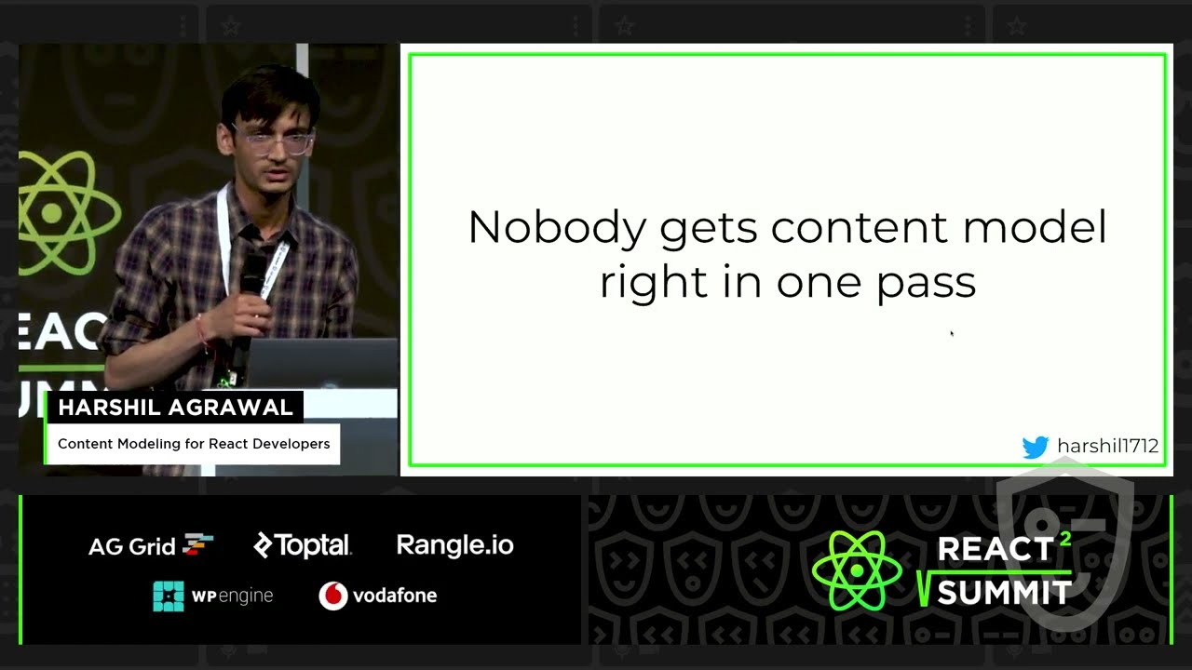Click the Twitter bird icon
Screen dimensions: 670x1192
tap(1035, 447)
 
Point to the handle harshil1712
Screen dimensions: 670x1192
tap(1108, 447)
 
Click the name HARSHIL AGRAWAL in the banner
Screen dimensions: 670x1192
tap(175, 408)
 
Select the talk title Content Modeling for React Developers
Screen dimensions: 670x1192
tap(194, 444)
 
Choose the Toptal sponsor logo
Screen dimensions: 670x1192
tap(303, 545)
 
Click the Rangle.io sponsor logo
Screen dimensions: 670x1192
tap(454, 545)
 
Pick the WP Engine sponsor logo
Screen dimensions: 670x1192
tap(213, 596)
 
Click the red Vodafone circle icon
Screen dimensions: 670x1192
tap(332, 596)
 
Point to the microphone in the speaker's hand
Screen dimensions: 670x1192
tap(252, 270)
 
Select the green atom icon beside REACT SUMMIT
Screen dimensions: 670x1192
tap(856, 570)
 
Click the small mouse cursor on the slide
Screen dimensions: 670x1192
tap(951, 332)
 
